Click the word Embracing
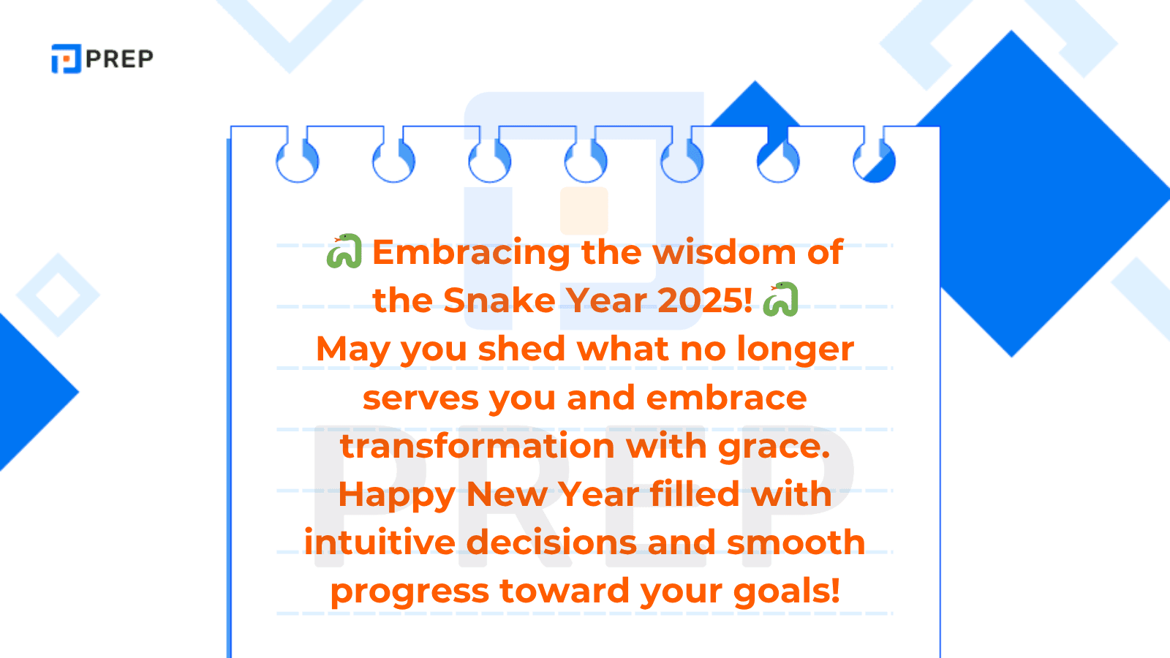click(471, 253)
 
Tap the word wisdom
click(723, 252)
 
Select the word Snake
click(499, 300)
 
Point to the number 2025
click(704, 300)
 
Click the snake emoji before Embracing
click(344, 252)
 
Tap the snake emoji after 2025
click(780, 300)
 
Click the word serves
click(420, 398)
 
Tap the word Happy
click(396, 496)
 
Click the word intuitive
click(380, 542)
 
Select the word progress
click(409, 592)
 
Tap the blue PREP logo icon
click(66, 58)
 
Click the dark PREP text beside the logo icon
click(119, 58)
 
